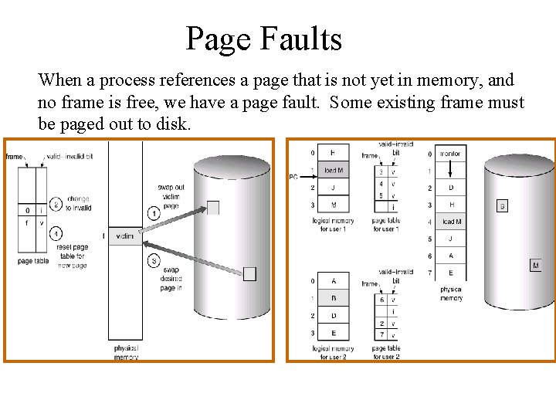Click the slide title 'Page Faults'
(x=263, y=39)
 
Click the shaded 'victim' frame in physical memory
(x=124, y=236)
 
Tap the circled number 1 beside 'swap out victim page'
(x=154, y=213)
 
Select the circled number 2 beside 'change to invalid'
(x=56, y=205)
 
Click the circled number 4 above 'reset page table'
(x=56, y=233)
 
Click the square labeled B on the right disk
(x=502, y=206)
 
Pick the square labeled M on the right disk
(x=535, y=266)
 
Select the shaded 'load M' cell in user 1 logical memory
(x=333, y=171)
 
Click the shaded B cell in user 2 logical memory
(x=333, y=298)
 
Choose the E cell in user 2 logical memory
(x=333, y=333)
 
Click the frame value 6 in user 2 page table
(x=381, y=300)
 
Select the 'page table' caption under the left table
(x=34, y=261)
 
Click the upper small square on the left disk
(x=213, y=207)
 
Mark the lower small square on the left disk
(x=249, y=273)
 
